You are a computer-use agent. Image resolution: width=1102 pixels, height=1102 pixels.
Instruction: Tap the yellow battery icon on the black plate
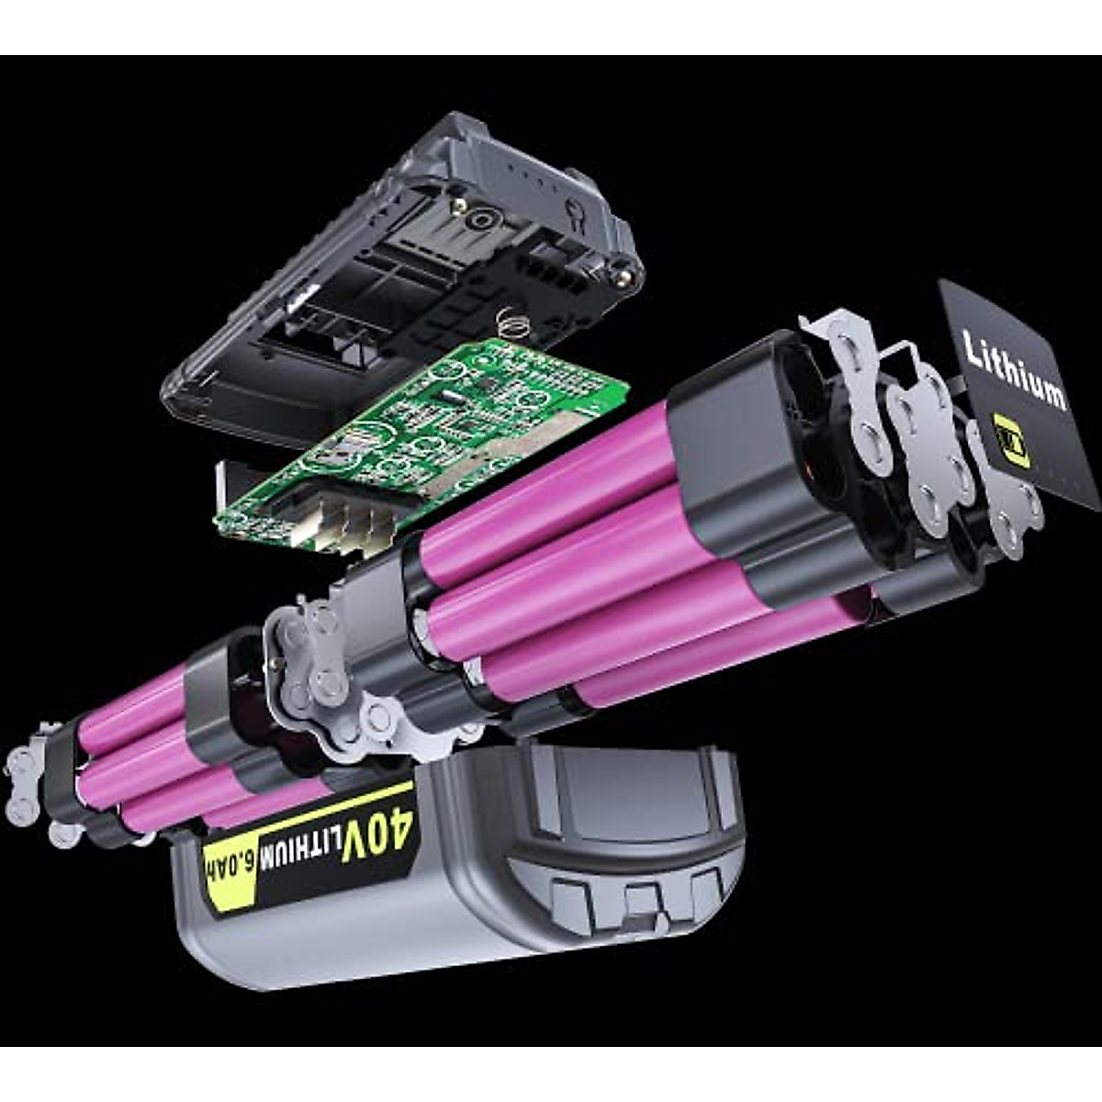1010,442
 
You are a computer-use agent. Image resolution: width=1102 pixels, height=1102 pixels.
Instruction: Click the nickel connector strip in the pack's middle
321,661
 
